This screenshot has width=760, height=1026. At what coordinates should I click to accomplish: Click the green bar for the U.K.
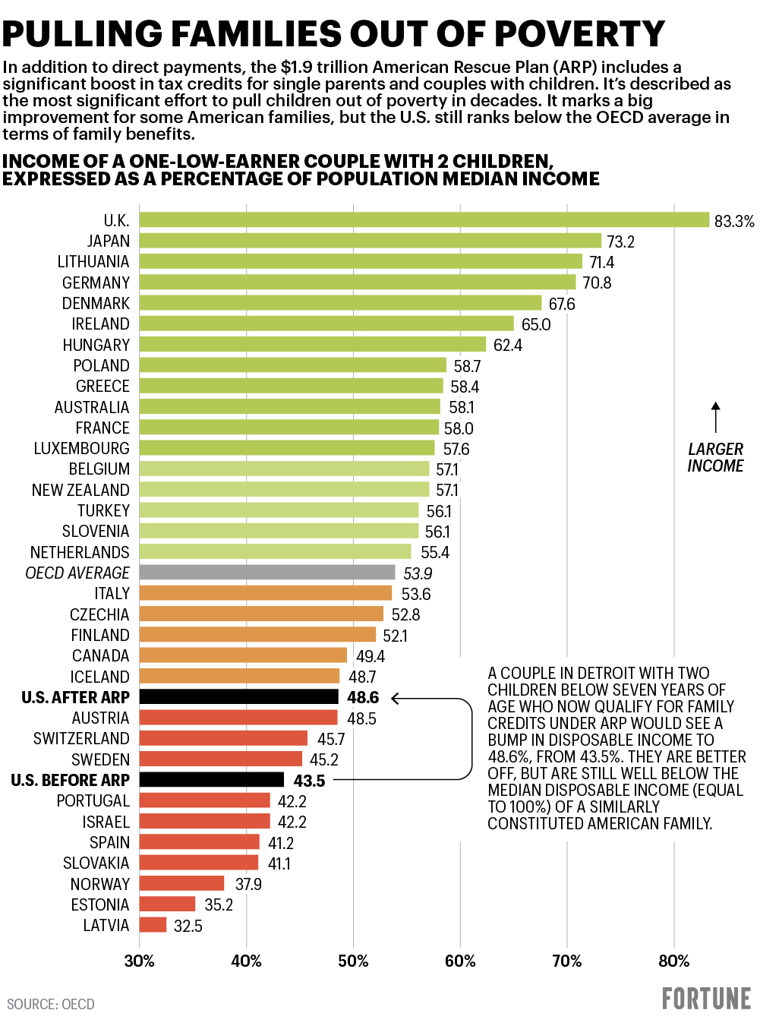click(424, 220)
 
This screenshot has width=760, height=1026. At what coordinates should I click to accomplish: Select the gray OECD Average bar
click(267, 573)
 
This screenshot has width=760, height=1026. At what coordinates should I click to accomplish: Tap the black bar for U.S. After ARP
click(239, 697)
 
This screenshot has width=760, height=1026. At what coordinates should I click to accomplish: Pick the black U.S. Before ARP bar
click(212, 780)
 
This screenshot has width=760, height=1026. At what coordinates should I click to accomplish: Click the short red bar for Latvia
click(153, 925)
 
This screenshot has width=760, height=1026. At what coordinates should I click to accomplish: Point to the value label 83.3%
click(734, 221)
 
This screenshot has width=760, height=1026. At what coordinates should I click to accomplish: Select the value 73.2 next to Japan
click(620, 242)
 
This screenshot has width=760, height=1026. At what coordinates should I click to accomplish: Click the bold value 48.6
click(363, 697)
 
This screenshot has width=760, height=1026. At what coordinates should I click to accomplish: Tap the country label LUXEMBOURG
click(81, 449)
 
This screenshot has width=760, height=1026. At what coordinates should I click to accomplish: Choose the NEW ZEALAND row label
click(80, 490)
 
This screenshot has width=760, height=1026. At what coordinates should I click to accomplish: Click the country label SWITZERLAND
click(81, 739)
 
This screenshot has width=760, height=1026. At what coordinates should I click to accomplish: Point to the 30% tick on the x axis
click(140, 961)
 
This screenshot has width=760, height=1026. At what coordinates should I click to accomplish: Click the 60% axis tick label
click(460, 961)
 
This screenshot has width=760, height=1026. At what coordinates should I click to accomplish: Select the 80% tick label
click(673, 961)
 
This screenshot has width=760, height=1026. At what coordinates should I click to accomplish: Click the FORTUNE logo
click(706, 999)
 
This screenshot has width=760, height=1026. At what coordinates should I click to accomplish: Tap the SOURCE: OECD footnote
click(51, 1004)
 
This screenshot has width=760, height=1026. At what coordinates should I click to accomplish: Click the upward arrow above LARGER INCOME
click(715, 417)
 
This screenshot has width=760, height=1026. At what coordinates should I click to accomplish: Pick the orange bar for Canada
click(243, 655)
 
